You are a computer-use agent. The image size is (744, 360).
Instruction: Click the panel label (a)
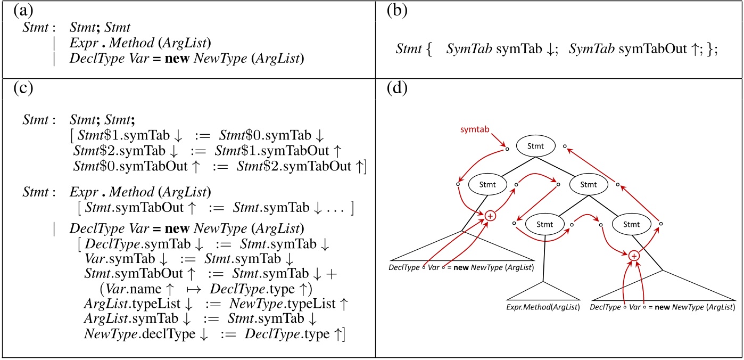(x=22, y=11)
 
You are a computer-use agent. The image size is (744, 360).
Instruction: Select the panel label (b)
(x=394, y=11)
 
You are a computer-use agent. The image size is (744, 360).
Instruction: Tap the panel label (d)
(x=394, y=89)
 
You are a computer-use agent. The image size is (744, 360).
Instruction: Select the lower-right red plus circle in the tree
(x=633, y=256)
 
